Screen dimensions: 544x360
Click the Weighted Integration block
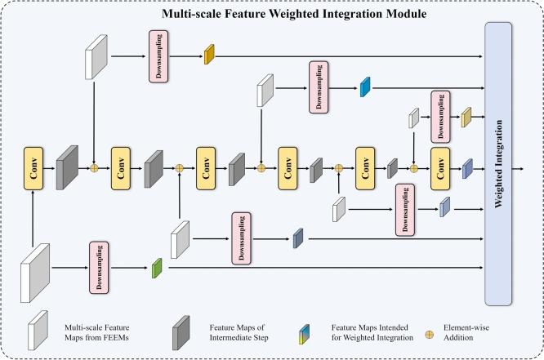click(x=498, y=164)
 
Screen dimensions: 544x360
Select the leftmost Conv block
click(x=33, y=168)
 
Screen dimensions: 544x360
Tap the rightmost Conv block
click(x=440, y=168)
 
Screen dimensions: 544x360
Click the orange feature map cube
click(x=209, y=55)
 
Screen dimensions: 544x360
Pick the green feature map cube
click(x=157, y=268)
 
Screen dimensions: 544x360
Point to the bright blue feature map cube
click(x=365, y=87)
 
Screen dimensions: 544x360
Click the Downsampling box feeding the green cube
click(x=99, y=268)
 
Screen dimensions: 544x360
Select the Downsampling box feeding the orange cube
click(x=158, y=56)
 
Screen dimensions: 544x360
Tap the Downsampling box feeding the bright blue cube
click(x=319, y=87)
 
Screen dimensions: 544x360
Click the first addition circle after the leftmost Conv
click(x=94, y=168)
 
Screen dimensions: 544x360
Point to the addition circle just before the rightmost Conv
click(x=413, y=168)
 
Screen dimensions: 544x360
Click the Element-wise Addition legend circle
click(x=429, y=335)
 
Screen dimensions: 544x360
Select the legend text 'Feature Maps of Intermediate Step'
click(x=239, y=332)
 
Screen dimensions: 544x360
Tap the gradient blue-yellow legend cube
click(x=305, y=334)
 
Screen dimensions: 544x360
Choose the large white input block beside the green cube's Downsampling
click(x=35, y=273)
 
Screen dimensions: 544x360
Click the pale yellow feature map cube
click(x=466, y=118)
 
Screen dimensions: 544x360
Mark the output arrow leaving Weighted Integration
click(x=518, y=168)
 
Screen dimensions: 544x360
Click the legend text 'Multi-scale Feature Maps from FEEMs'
click(x=97, y=332)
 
